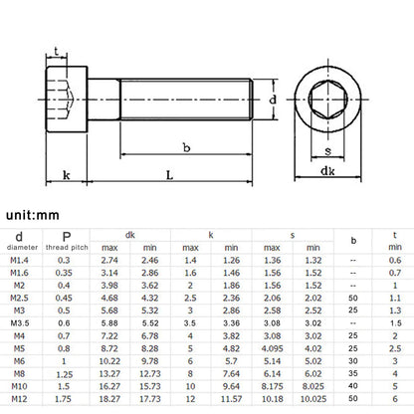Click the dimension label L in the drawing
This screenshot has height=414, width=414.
tap(169, 175)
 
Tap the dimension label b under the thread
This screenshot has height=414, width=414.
tap(187, 147)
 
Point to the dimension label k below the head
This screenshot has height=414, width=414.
tap(67, 175)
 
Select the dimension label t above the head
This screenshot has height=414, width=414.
tap(57, 52)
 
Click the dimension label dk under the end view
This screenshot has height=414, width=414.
tap(327, 171)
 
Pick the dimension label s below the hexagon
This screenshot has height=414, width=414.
tap(328, 151)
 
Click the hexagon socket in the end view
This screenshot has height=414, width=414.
tap(328, 100)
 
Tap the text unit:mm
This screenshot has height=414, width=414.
tap(33, 215)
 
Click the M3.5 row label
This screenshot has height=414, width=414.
tap(19, 323)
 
